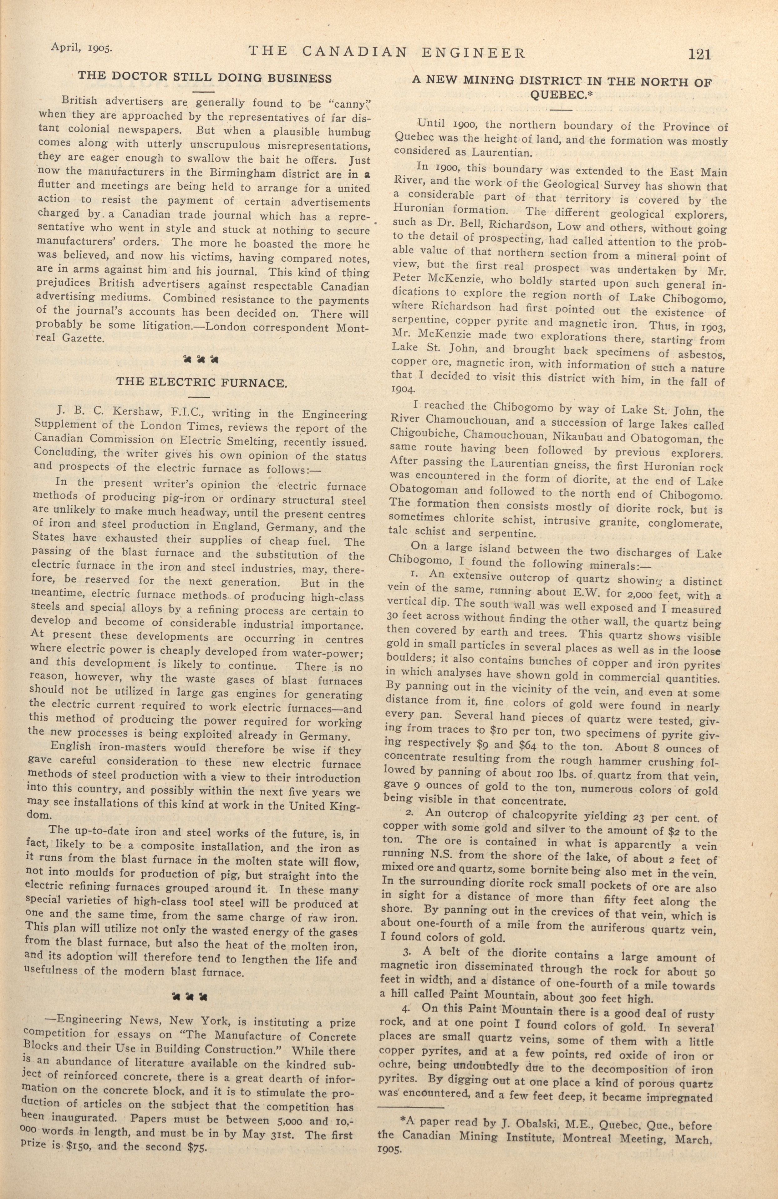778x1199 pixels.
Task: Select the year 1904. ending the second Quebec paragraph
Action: click(403, 389)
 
